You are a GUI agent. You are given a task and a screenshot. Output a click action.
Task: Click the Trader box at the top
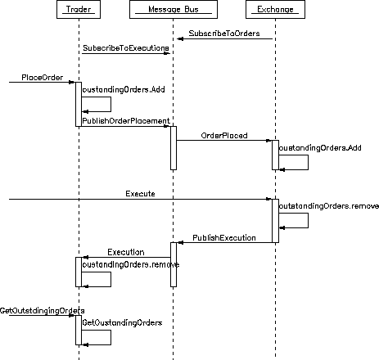(79, 10)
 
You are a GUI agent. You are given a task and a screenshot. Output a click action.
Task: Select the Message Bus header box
(174, 10)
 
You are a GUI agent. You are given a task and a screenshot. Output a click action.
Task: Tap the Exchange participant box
(275, 10)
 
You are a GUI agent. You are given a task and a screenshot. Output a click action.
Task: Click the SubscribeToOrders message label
(224, 34)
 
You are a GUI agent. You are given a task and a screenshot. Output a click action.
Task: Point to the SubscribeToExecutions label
(126, 48)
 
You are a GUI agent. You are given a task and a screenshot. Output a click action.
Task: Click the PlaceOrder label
(43, 78)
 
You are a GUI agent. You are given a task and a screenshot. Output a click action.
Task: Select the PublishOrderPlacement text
(126, 121)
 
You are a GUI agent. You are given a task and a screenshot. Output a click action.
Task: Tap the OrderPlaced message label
(224, 136)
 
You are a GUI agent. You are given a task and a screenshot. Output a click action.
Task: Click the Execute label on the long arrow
(140, 194)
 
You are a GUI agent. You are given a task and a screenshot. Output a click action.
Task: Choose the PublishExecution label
(224, 238)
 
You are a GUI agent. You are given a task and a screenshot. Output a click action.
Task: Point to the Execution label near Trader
(126, 252)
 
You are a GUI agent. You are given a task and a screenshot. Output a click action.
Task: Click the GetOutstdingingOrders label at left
(43, 311)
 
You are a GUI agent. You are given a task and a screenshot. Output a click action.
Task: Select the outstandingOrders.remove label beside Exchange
(329, 206)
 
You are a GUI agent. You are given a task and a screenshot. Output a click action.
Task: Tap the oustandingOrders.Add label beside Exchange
(320, 148)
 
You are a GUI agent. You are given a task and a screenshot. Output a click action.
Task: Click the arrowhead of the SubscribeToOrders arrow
(180, 39)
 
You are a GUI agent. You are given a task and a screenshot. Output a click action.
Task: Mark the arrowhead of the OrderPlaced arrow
(268, 141)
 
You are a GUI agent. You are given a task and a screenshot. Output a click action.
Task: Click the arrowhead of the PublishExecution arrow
(180, 243)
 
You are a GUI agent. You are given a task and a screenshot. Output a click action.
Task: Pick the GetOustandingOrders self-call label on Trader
(122, 323)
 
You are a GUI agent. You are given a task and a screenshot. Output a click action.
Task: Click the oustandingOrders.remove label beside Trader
(131, 264)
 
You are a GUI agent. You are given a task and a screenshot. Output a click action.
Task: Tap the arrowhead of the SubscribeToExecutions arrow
(167, 53)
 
